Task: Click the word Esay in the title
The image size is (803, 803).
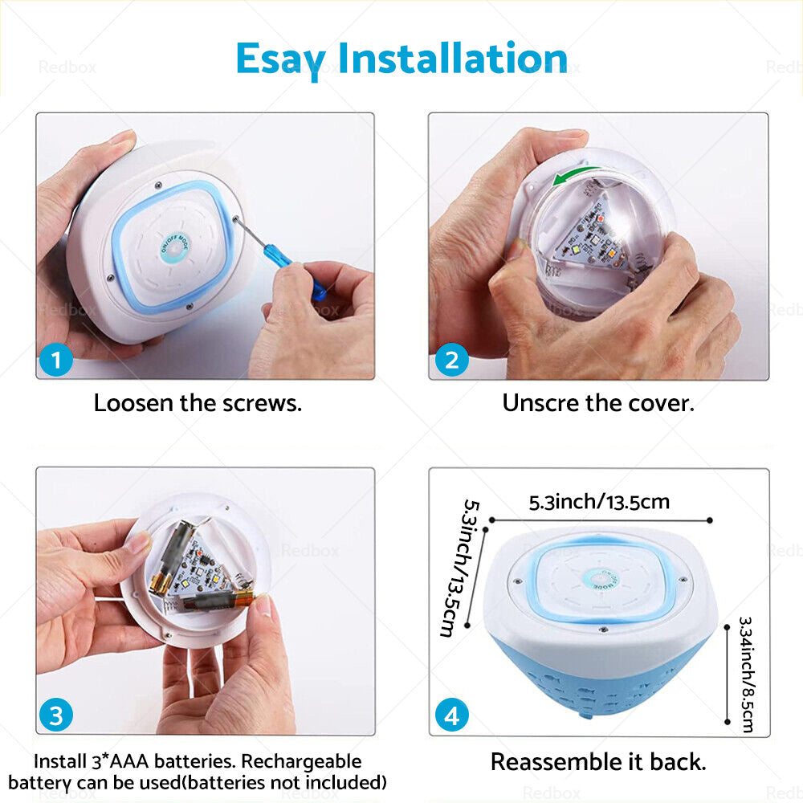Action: [281, 59]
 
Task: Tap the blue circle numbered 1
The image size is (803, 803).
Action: [56, 360]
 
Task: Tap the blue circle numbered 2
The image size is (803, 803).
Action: [451, 360]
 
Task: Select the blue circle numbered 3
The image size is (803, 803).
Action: [56, 715]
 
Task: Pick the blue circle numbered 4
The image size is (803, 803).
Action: [451, 715]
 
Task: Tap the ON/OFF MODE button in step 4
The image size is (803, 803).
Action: [600, 579]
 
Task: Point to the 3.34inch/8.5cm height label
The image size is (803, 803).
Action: [747, 674]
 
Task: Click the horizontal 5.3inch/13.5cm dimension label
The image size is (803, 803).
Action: [599, 502]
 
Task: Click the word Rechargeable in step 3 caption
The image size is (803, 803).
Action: [301, 761]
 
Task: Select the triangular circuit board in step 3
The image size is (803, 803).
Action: [201, 569]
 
